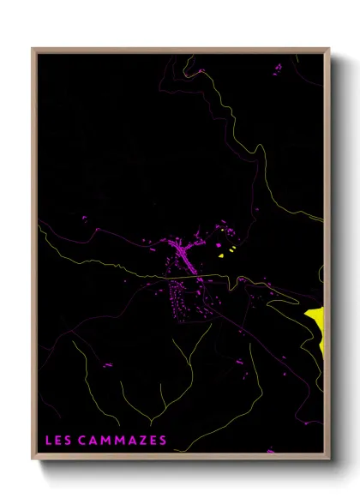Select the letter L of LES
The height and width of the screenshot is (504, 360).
[48, 441]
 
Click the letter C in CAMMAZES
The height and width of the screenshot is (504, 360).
[82, 441]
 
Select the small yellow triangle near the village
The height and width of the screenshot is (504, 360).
[221, 255]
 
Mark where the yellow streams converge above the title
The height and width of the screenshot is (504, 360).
[151, 422]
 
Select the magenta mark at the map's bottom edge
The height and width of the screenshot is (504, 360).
[271, 451]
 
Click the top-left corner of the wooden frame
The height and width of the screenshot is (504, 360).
[33, 49]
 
